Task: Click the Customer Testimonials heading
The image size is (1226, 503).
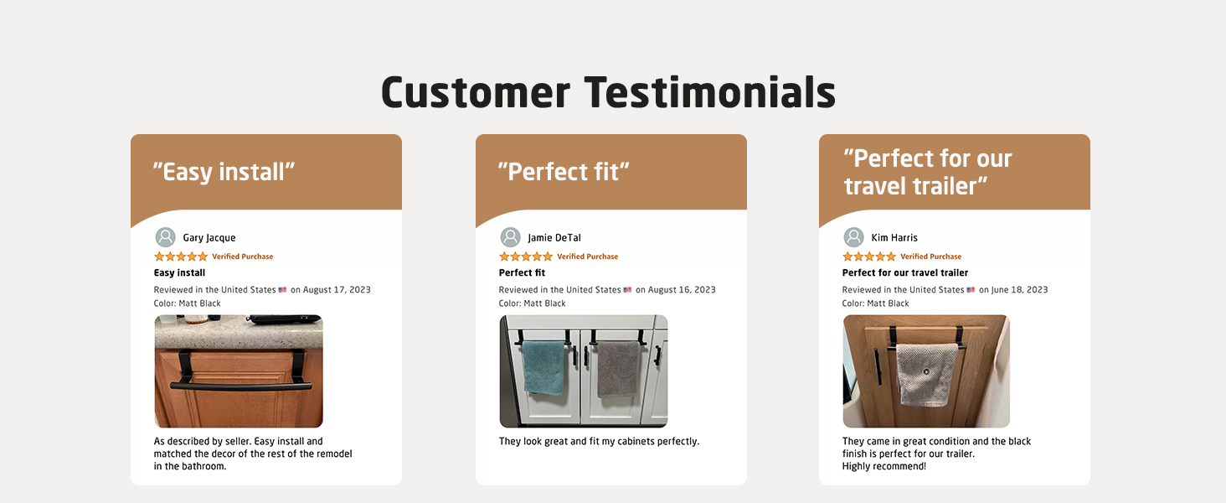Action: click(608, 92)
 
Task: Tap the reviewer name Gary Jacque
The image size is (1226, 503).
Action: click(209, 238)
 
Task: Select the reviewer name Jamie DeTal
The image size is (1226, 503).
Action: click(554, 238)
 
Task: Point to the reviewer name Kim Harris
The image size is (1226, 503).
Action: click(894, 238)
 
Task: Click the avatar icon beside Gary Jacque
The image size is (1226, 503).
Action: click(165, 237)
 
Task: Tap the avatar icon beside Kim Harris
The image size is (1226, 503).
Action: click(854, 237)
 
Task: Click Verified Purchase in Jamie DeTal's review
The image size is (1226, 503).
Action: click(587, 257)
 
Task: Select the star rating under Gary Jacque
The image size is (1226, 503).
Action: click(181, 257)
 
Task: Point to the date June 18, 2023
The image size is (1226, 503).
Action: click(1020, 290)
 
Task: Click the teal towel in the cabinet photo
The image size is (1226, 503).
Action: click(543, 366)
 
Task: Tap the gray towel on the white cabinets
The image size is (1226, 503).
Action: click(619, 369)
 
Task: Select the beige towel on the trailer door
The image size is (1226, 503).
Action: click(926, 376)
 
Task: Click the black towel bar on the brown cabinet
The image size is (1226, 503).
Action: click(241, 386)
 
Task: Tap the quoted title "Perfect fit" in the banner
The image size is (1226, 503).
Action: click(564, 172)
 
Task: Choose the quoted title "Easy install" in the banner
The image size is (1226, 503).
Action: click(224, 172)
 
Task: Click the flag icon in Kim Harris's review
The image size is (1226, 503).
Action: click(971, 290)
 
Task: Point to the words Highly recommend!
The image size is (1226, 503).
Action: click(884, 466)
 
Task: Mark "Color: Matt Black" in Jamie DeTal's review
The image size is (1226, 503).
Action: click(532, 303)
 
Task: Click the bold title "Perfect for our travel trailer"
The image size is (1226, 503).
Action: click(904, 272)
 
